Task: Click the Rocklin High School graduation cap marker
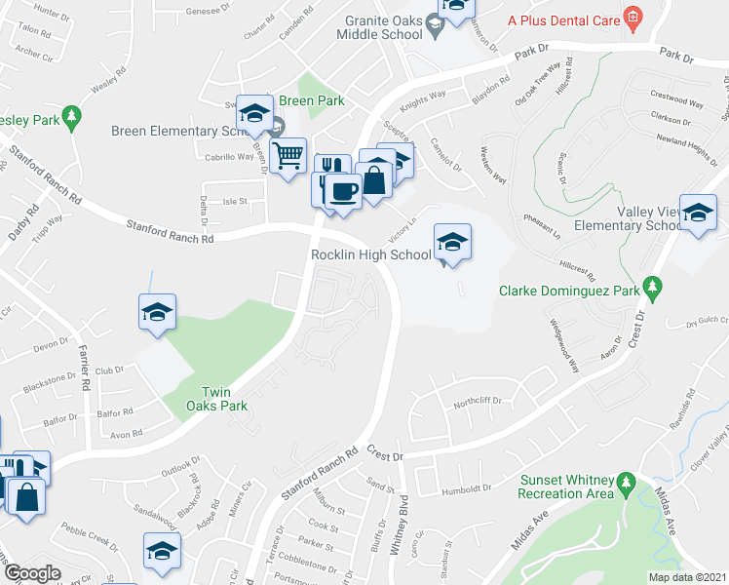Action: pos(452,243)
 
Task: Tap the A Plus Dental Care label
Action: pos(562,17)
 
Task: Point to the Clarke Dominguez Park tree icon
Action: pos(655,290)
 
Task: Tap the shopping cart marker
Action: pos(288,155)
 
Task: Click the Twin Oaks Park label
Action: pos(217,396)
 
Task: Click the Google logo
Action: pos(33,573)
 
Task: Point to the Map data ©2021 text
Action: pos(687,577)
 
